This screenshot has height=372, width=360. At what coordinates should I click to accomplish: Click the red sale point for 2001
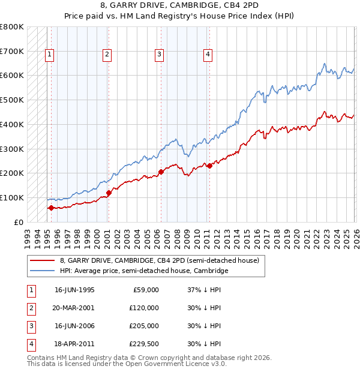pos(109,193)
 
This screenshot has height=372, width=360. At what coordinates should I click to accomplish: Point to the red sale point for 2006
pos(161,172)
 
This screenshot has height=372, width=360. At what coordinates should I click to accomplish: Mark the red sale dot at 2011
pos(209,166)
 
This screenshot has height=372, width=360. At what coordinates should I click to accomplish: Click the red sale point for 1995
pos(51,208)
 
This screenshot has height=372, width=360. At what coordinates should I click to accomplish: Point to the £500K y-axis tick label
pos(12,100)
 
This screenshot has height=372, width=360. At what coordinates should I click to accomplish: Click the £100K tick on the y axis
pos(12,197)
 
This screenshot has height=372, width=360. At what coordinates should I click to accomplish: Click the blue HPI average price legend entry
pos(144,271)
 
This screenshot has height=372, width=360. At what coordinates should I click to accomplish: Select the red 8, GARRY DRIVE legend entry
pos(159,260)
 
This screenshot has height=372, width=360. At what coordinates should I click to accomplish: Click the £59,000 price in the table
pos(146,290)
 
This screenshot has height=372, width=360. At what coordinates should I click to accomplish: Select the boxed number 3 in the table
pos(31,326)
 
